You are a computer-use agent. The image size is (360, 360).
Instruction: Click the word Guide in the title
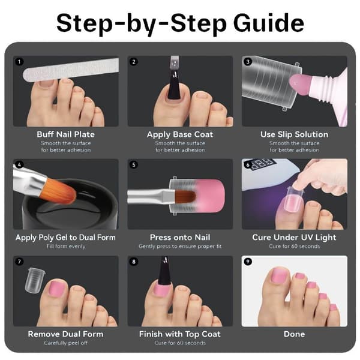click(x=269, y=23)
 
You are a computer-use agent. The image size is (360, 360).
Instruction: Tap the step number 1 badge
click(x=19, y=62)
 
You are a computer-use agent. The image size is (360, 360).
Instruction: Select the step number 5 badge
click(x=134, y=164)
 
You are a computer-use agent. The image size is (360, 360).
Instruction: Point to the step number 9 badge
click(x=248, y=262)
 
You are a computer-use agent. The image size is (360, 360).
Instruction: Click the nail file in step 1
click(x=71, y=70)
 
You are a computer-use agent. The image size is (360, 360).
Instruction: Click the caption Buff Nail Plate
click(x=65, y=134)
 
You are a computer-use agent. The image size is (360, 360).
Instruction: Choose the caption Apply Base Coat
click(x=180, y=134)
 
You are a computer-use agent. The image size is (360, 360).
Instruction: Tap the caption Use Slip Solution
click(x=294, y=134)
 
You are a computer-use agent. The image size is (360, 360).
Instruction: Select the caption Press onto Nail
click(x=180, y=237)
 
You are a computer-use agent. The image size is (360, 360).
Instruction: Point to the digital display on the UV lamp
click(x=263, y=163)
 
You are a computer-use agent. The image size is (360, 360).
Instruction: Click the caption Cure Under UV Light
click(x=294, y=238)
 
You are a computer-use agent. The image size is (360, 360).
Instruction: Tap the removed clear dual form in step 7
click(x=35, y=280)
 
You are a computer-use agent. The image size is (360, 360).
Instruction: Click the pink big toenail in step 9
click(x=280, y=276)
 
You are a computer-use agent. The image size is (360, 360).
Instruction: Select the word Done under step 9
click(x=294, y=334)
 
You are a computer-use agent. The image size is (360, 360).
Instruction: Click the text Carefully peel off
click(x=65, y=343)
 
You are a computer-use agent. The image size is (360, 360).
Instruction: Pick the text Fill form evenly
click(x=65, y=247)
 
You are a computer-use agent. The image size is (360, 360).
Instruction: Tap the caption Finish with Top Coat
click(x=180, y=334)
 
